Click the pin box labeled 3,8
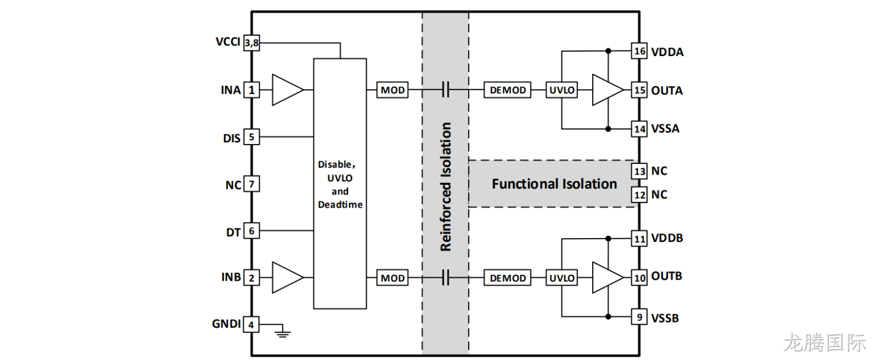tap(252, 43)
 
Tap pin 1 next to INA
tap(252, 90)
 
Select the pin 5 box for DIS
tap(252, 137)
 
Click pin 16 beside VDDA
tap(639, 51)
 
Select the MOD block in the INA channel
tap(392, 90)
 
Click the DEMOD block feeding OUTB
tap(507, 278)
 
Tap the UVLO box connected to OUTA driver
tap(562, 90)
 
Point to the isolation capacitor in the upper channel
tap(445, 90)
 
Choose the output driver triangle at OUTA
tap(608, 90)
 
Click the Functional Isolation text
tap(554, 184)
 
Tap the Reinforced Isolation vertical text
tap(446, 187)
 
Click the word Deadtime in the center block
tap(340, 204)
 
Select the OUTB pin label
tap(666, 276)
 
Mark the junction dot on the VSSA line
tap(608, 129)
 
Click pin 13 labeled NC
tap(639, 171)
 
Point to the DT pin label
tap(233, 232)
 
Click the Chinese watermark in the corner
tap(824, 343)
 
